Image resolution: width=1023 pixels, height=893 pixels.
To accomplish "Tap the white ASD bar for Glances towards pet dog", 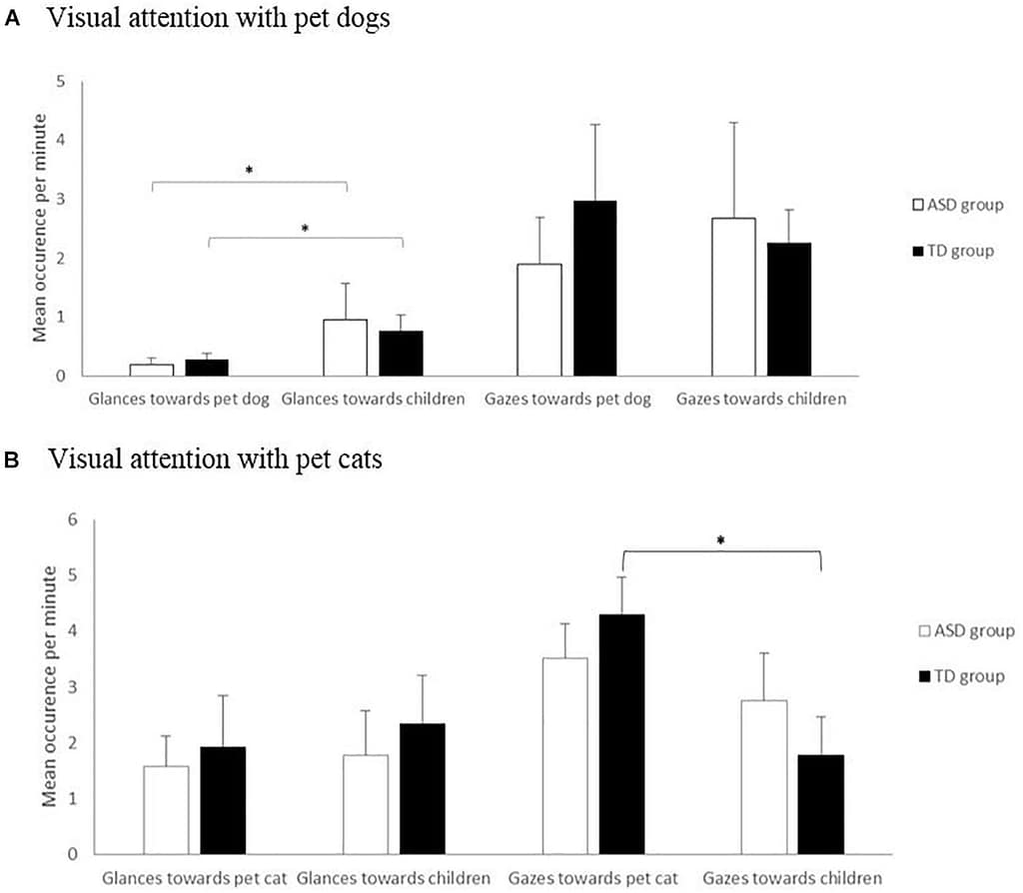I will click(152, 370).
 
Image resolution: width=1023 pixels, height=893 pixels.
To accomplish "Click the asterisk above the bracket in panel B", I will click(720, 540).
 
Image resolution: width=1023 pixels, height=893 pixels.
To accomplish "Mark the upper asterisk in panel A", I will click(249, 171).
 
